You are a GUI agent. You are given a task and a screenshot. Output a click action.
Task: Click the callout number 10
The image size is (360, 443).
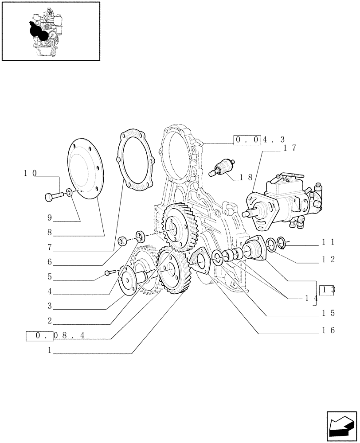30,173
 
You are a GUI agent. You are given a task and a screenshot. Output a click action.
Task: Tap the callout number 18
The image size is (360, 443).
246,177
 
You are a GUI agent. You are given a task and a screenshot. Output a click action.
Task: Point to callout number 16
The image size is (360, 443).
329,330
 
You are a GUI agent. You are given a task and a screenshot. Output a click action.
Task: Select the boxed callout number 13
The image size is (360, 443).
327,290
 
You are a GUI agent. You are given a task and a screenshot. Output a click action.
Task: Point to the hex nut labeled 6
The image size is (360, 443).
123,241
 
